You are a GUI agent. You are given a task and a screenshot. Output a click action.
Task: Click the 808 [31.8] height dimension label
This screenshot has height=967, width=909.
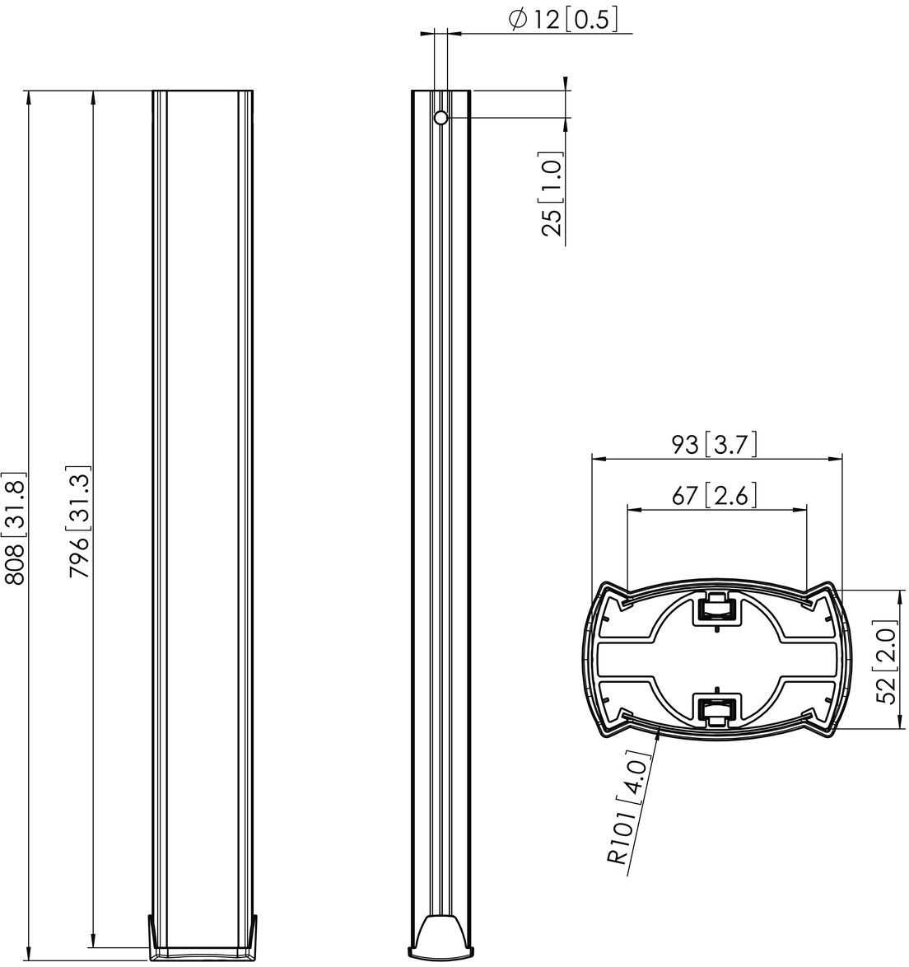point(16,528)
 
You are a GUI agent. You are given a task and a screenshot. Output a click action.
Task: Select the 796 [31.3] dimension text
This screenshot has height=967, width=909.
point(80,521)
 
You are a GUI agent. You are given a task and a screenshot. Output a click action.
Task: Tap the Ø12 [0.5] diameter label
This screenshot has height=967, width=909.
point(562,19)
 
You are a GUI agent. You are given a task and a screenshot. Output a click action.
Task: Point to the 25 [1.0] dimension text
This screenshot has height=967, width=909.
point(552,194)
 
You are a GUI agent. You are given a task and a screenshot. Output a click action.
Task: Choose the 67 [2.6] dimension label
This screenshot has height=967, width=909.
point(714,495)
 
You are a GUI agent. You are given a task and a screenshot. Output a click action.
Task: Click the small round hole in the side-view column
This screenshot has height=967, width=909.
point(441,117)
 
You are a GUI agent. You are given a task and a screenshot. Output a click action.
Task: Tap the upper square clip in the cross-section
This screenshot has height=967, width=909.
point(716,608)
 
